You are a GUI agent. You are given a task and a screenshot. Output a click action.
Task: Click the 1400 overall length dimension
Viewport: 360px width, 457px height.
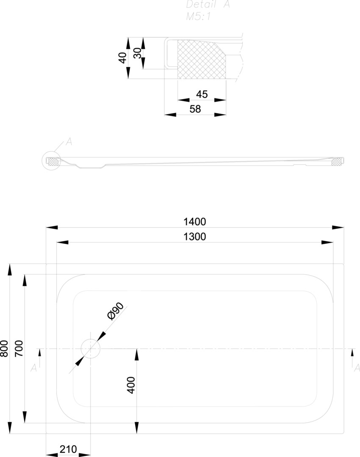pyautogui.click(x=195, y=221)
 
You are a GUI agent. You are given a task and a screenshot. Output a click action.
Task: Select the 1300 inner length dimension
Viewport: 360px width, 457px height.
pyautogui.click(x=195, y=237)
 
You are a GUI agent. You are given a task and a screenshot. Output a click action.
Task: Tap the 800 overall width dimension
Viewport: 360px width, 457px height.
pyautogui.click(x=4, y=349)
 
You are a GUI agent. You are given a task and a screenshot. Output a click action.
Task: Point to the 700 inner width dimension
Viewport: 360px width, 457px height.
pyautogui.click(x=19, y=349)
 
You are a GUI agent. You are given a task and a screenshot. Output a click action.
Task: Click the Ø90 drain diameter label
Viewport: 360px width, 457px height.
pyautogui.click(x=115, y=311)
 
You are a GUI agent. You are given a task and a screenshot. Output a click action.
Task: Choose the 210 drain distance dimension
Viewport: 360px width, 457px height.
pyautogui.click(x=68, y=449)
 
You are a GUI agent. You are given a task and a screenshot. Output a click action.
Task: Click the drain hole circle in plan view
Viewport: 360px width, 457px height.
pyautogui.click(x=90, y=349)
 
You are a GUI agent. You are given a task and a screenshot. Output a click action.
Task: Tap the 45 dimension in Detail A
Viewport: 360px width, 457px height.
pyautogui.click(x=202, y=94)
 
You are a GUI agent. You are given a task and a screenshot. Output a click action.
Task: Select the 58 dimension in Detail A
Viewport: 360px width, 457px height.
pyautogui.click(x=195, y=109)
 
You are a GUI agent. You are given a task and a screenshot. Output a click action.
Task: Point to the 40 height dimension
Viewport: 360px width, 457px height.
pyautogui.click(x=122, y=58)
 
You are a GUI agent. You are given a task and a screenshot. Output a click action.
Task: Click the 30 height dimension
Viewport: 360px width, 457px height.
pyautogui.click(x=137, y=53)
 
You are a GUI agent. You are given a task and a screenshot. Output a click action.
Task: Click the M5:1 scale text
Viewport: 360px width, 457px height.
pyautogui.click(x=199, y=17)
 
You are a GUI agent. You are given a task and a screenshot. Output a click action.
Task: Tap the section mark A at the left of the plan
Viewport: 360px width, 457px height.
pyautogui.click(x=34, y=368)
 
